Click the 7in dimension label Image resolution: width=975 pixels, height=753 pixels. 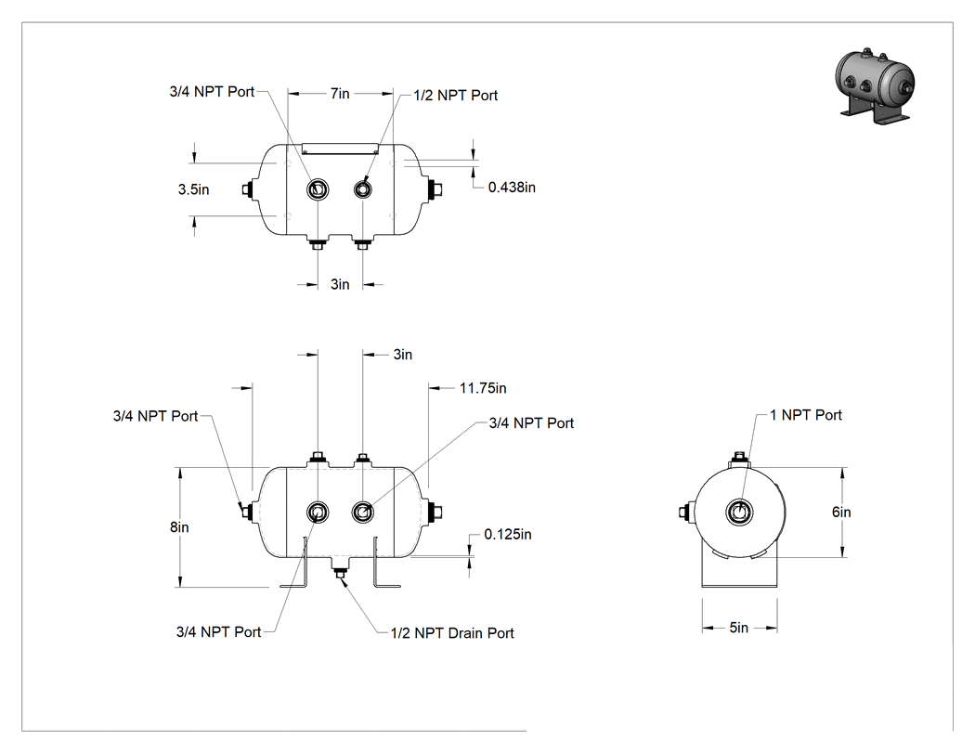click(340, 93)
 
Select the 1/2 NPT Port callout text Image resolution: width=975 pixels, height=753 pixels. click(456, 95)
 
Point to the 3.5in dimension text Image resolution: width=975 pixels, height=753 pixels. click(193, 189)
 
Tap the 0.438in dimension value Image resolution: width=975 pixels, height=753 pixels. click(512, 188)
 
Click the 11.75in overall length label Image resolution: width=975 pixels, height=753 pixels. click(483, 388)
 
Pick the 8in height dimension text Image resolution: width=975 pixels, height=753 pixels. click(179, 526)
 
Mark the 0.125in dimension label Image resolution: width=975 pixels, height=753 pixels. click(508, 534)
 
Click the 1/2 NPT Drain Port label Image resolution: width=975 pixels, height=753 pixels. click(452, 633)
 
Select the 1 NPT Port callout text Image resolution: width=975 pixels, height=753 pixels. click(806, 415)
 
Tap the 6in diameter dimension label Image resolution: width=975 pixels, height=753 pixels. click(841, 512)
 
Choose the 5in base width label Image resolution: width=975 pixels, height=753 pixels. click(739, 628)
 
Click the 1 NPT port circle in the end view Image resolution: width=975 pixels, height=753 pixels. click(739, 512)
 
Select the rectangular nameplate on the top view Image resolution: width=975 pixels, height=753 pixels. click(340, 149)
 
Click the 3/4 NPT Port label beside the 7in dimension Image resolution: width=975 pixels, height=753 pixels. click(212, 91)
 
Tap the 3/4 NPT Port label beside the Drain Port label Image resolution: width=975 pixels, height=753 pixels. click(219, 631)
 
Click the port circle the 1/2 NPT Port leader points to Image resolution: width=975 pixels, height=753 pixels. click(362, 188)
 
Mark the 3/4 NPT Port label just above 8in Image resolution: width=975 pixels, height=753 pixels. click(155, 416)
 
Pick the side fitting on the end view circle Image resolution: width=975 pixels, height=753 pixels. click(685, 513)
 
